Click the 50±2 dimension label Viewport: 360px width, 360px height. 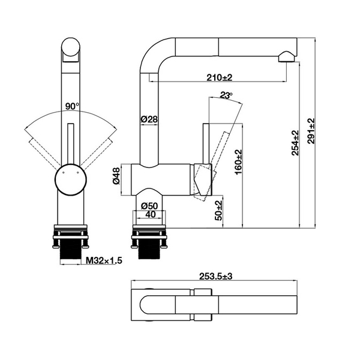pos(219,211)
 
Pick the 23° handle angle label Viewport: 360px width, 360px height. pos(226,95)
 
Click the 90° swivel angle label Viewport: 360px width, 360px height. pos(72,106)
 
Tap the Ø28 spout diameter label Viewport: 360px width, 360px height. pos(149,119)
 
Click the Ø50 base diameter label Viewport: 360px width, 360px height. pos(149,206)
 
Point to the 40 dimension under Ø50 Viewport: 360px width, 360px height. pos(149,215)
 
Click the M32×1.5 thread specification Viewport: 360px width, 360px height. pos(104,260)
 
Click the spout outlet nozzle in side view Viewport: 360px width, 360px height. pos(286,57)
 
